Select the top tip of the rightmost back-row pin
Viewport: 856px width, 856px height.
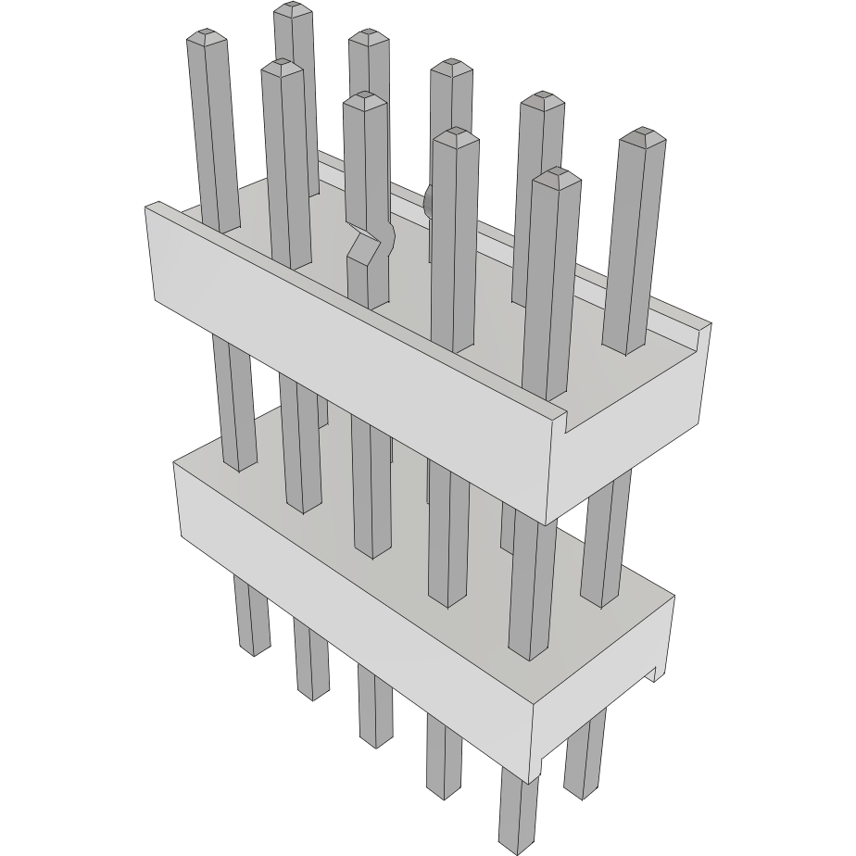642,136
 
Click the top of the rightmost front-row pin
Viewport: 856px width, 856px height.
557,175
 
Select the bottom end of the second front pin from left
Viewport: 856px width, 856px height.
313,692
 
